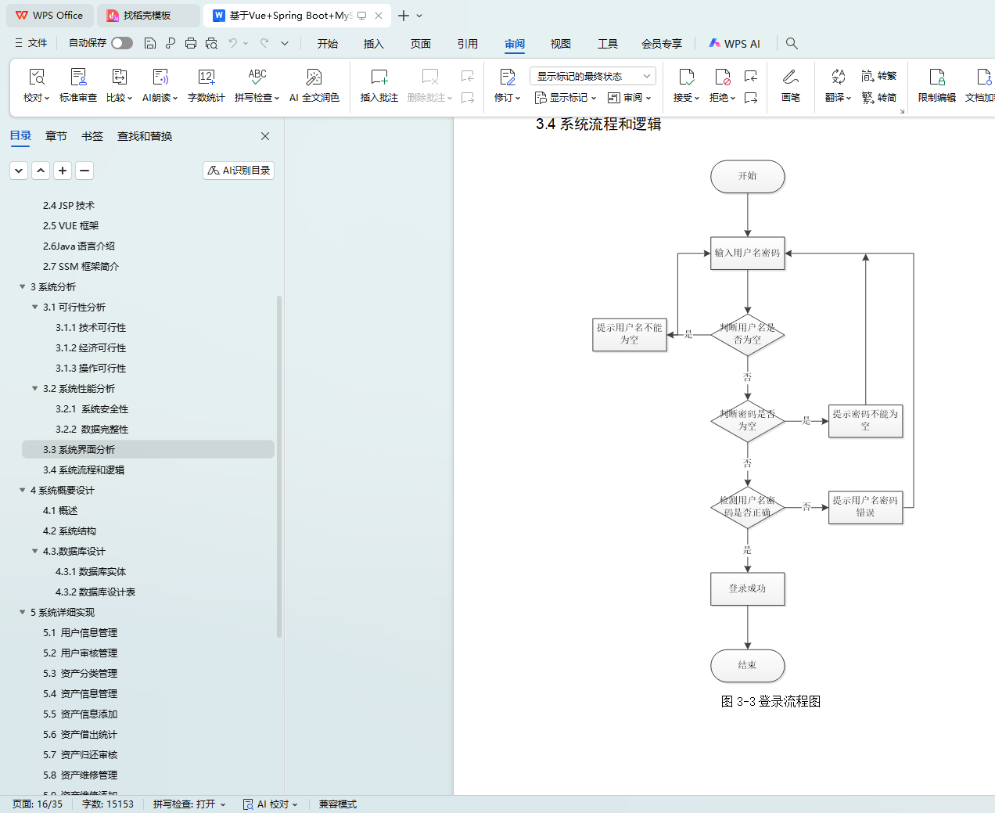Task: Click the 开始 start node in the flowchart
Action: tap(747, 176)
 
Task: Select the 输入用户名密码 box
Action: tap(747, 254)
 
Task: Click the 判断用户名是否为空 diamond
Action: tap(747, 334)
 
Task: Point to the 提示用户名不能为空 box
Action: tap(629, 334)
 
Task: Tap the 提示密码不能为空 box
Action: tap(865, 420)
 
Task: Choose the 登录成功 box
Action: tap(747, 589)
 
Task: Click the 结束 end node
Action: tap(747, 665)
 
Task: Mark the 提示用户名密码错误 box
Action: tap(865, 506)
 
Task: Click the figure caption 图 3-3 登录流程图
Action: tap(770, 702)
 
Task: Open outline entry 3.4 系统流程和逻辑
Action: tap(84, 470)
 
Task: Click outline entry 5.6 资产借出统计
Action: tap(80, 735)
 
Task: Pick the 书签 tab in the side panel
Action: tap(92, 136)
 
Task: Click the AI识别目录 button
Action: tap(239, 171)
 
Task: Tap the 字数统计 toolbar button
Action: tap(206, 85)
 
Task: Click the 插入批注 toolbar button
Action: tap(379, 85)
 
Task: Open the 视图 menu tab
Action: tap(560, 44)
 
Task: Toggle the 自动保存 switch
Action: tap(121, 43)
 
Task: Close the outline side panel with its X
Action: tap(265, 136)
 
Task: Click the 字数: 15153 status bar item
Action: tap(108, 804)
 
